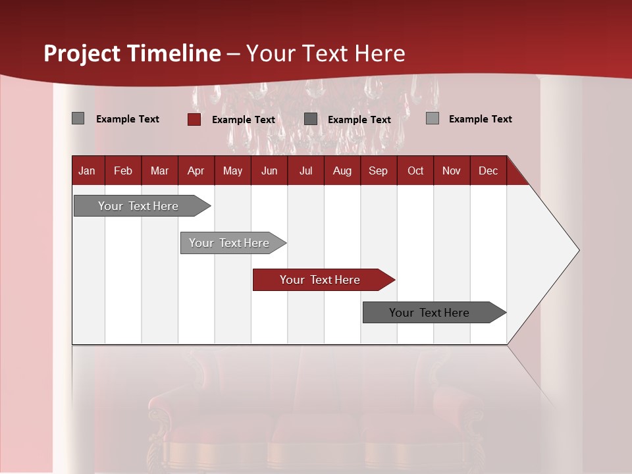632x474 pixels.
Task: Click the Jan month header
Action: coord(87,171)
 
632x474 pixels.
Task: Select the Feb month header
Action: coord(123,171)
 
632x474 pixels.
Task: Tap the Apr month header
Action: coord(196,171)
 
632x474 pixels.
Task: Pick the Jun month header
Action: coord(269,171)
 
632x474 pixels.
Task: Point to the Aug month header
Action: coord(342,171)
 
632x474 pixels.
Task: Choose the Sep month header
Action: coord(378,171)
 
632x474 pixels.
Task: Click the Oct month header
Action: coord(415,171)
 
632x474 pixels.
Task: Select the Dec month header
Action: coord(488,171)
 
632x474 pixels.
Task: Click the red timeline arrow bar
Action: coord(323,280)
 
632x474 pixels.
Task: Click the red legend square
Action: coord(194,119)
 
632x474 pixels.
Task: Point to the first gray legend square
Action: coord(78,118)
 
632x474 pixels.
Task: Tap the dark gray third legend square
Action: coord(311,118)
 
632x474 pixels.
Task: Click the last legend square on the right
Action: coord(432,118)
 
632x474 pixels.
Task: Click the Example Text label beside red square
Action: coord(244,120)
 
